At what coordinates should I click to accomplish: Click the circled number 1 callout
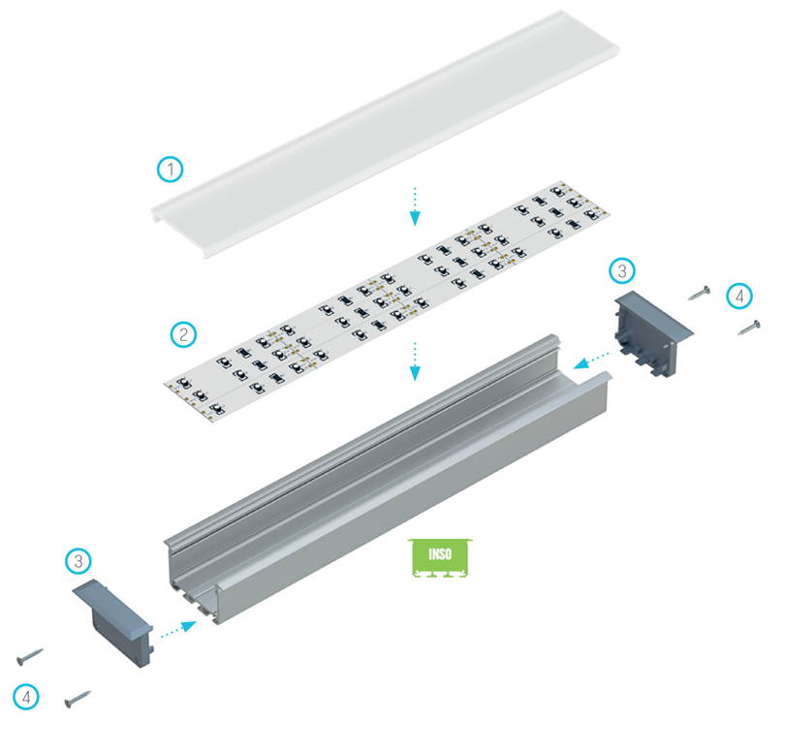[171, 170]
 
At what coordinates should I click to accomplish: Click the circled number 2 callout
[183, 334]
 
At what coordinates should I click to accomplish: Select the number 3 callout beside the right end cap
[622, 271]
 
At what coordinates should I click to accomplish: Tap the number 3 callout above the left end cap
[78, 561]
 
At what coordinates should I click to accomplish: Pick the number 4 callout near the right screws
[739, 296]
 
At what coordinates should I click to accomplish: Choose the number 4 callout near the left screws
[26, 697]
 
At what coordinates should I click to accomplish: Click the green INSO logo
[440, 558]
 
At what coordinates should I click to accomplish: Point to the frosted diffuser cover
[386, 134]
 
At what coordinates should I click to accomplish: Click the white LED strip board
[388, 303]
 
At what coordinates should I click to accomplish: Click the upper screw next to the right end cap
[700, 293]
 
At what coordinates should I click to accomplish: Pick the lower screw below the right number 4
[749, 328]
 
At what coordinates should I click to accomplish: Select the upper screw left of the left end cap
[30, 657]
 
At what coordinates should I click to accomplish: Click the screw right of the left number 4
[78, 700]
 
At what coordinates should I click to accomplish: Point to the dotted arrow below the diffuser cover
[415, 206]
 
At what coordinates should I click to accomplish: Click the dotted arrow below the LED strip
[415, 361]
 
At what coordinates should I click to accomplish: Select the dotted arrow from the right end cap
[591, 360]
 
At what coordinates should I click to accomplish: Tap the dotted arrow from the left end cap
[178, 630]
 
